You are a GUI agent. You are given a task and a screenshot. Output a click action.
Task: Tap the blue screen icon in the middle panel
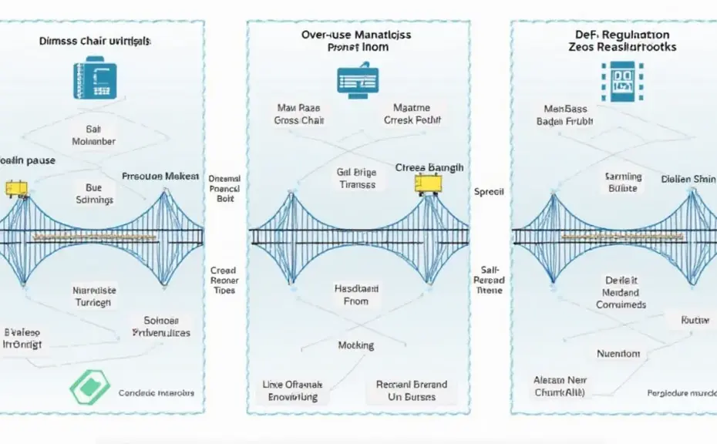357,80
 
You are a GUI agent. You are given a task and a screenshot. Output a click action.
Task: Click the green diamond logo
89,387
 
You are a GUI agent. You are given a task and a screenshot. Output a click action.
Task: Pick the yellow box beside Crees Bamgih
428,183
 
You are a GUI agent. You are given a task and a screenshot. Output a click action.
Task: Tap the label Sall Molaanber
93,136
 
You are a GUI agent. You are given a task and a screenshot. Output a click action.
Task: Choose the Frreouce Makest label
160,176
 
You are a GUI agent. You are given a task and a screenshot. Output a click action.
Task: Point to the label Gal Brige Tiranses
356,179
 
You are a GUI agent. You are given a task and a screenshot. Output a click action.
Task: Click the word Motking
355,345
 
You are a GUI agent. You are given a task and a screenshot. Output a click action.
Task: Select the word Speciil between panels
488,191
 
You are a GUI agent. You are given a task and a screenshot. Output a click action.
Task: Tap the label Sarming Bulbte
623,183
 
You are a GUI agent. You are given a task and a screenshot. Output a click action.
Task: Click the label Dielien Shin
687,180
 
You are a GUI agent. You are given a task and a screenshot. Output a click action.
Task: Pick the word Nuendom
618,354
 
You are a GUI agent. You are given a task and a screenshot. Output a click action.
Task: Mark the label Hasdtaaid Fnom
355,294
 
